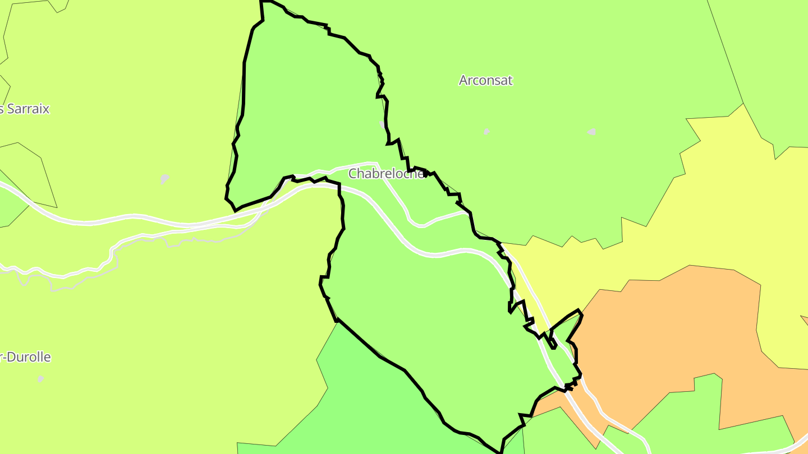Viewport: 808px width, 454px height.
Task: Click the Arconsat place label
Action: tap(485, 80)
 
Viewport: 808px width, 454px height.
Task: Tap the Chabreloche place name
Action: tap(386, 174)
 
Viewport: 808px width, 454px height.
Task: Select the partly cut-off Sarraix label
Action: tap(25, 109)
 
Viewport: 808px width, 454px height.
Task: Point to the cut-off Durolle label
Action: tap(26, 357)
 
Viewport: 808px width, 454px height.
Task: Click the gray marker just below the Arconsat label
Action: tap(486, 131)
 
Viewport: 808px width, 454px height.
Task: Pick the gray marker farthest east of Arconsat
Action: tap(591, 132)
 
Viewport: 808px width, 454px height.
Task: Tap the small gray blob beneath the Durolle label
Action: tap(40, 379)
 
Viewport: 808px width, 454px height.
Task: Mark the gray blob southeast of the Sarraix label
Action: tap(164, 179)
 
